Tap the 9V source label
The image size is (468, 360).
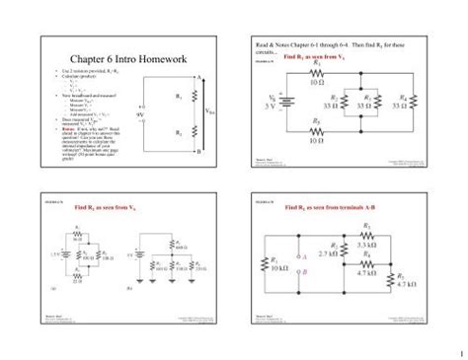coord(142,113)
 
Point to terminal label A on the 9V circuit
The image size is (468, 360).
coord(198,77)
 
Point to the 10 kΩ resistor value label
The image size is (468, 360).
coord(278,267)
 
